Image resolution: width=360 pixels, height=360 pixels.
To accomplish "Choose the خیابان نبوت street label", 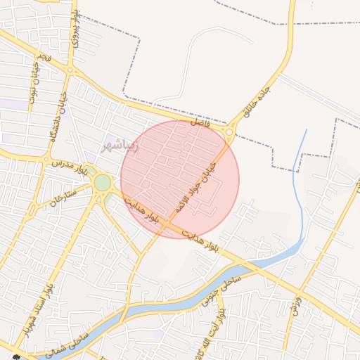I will coord(35,86).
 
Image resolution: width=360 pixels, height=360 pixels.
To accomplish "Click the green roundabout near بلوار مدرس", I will coord(103,183).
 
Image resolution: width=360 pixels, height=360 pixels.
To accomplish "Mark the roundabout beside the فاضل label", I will coord(229,131).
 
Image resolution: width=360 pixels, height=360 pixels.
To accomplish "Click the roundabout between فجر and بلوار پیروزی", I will coord(70,69).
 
